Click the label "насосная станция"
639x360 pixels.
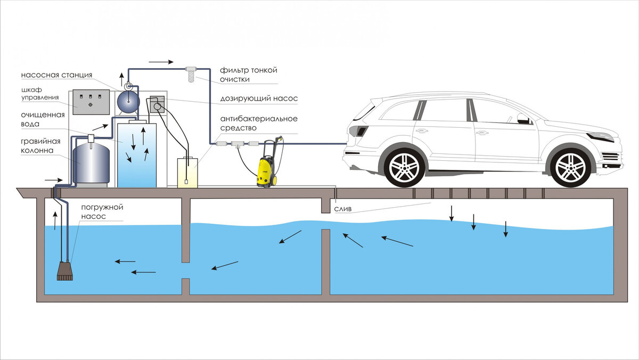(x=57, y=75)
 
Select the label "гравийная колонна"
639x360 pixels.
(x=45, y=146)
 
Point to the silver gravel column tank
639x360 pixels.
(x=92, y=162)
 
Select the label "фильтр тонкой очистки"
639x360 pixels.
(x=249, y=75)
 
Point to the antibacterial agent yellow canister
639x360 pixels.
(x=187, y=171)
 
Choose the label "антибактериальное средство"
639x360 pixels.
(x=258, y=123)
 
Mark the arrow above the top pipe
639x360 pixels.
(x=161, y=62)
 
